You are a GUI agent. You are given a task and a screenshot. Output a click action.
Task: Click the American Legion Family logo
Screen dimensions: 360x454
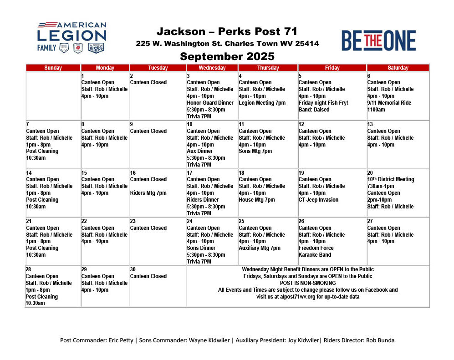[72, 37]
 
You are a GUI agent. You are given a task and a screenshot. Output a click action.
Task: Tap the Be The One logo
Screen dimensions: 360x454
[379, 41]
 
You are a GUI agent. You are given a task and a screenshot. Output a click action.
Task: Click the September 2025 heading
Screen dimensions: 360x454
[227, 56]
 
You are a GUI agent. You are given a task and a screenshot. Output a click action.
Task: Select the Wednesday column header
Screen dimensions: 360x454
[212, 68]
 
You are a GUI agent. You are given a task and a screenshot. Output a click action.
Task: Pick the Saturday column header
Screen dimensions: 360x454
[398, 68]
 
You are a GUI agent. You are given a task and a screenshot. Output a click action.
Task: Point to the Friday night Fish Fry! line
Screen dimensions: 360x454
[323, 103]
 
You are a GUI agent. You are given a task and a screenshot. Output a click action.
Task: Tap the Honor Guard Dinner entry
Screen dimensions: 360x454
[210, 103]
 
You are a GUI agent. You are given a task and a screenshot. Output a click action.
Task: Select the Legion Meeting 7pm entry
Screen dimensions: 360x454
[262, 103]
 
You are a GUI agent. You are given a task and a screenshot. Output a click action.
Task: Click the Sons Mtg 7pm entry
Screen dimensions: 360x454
[255, 151]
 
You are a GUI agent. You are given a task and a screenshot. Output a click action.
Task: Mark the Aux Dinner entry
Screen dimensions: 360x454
[200, 151]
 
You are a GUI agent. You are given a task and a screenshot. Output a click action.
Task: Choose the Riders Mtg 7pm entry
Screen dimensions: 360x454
[148, 193]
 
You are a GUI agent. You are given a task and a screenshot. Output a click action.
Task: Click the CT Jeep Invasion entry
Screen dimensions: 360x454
[318, 200]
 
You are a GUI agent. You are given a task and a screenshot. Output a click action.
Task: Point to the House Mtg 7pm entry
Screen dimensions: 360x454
[256, 200]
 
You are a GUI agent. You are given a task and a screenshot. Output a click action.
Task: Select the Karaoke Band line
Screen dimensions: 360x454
[315, 255]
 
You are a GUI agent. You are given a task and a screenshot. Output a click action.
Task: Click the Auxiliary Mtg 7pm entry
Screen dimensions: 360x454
[260, 248]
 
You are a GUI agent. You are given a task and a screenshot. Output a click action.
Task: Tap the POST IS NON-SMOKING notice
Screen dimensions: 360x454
[308, 283]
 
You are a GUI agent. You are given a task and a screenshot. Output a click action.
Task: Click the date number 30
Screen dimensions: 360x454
[133, 269]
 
